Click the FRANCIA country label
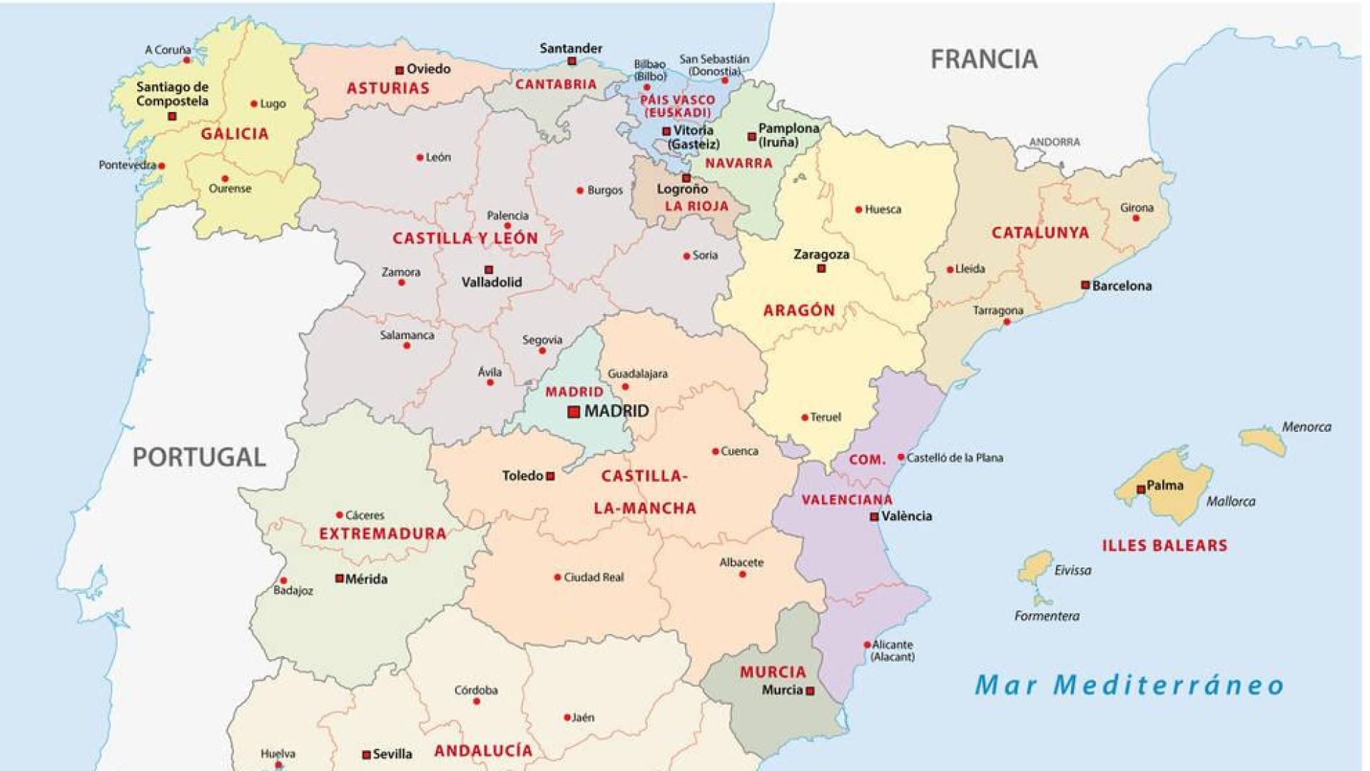tap(983, 59)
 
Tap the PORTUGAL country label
tap(199, 457)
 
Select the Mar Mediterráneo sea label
tap(1130, 685)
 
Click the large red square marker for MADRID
tap(574, 412)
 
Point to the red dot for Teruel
tap(805, 418)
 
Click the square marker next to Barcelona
tap(1085, 285)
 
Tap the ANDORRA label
tap(1054, 142)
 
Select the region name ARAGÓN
tap(798, 311)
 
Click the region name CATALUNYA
tap(1040, 233)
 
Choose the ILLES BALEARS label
tap(1164, 546)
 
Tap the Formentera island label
tap(1047, 616)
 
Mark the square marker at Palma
tap(1141, 489)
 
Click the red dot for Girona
tap(1137, 218)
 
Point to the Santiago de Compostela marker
tap(172, 116)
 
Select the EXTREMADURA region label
tap(382, 534)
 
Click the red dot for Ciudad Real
tap(557, 578)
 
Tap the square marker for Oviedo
tap(400, 70)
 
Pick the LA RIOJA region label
tap(696, 206)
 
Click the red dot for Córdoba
tap(477, 702)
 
